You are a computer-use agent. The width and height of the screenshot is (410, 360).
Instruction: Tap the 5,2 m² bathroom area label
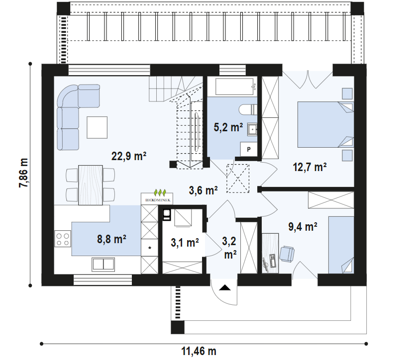pyautogui.click(x=228, y=128)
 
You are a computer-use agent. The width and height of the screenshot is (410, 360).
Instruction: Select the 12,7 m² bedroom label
pyautogui.click(x=309, y=167)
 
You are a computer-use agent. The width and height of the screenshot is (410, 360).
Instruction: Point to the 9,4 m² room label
pyautogui.click(x=303, y=227)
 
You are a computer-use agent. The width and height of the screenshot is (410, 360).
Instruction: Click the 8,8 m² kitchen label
pyautogui.click(x=111, y=239)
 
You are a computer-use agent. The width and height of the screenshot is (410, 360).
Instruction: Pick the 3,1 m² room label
pyautogui.click(x=185, y=243)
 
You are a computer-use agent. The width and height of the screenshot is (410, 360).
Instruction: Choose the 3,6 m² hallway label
pyautogui.click(x=204, y=190)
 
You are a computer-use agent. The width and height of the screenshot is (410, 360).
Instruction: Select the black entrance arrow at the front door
pyautogui.click(x=225, y=287)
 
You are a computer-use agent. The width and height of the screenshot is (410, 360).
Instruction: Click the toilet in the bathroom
pyautogui.click(x=247, y=109)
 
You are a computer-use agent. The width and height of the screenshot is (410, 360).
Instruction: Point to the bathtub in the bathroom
pyautogui.click(x=232, y=88)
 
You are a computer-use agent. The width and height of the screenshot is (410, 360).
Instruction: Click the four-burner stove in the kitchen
pyautogui.click(x=63, y=240)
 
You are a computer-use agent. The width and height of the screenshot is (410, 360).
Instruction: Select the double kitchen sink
pyautogui.click(x=103, y=264)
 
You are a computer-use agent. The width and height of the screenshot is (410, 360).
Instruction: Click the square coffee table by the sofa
pyautogui.click(x=97, y=127)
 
